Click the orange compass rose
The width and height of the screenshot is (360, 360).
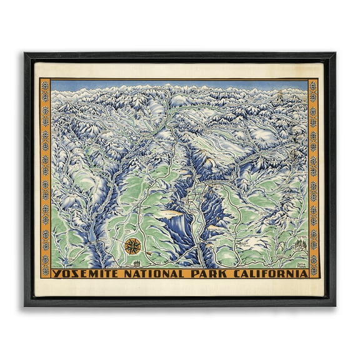tap(132, 246)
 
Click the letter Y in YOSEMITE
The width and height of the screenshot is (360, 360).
tap(56, 273)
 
